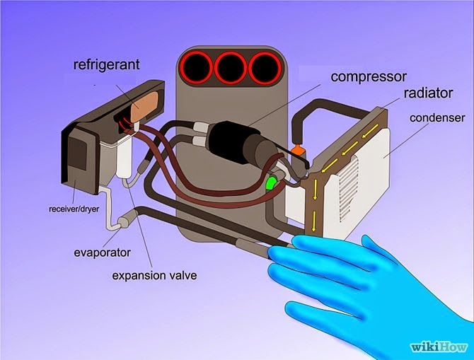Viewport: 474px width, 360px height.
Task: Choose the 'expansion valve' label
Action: (x=154, y=274)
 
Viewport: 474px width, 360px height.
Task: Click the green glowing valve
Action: (x=270, y=185)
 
